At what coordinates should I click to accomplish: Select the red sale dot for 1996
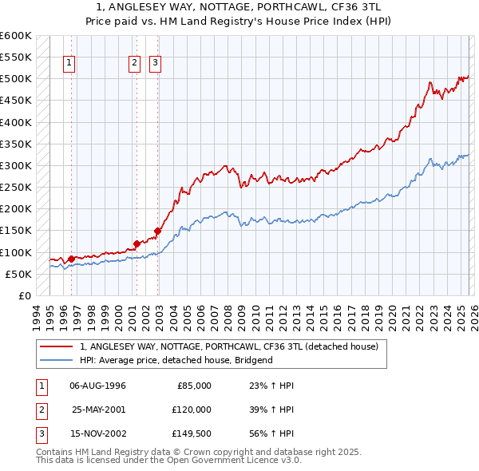71,259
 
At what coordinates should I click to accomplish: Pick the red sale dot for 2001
137,243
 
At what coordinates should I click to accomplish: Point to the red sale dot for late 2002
157,231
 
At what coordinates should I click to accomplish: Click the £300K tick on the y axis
16,166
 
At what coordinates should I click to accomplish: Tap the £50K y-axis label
18,274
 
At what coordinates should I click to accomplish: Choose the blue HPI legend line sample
57,360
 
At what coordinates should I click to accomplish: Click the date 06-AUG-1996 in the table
97,386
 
